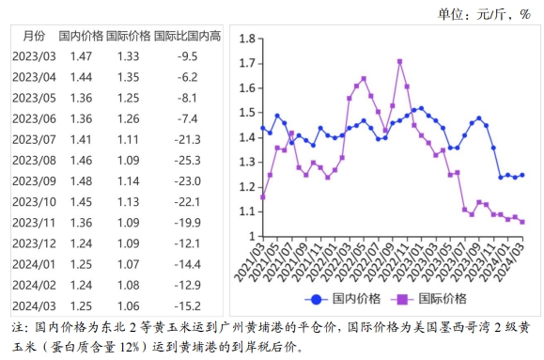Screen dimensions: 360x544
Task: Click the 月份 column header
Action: [x=33, y=36]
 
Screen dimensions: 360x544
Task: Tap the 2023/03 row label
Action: [x=35, y=56]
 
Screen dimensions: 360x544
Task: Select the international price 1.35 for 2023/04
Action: [x=129, y=77]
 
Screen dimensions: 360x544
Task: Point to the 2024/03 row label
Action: [x=35, y=305]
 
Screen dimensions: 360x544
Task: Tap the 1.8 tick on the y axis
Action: [x=248, y=39]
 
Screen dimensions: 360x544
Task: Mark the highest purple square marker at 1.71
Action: [x=400, y=61]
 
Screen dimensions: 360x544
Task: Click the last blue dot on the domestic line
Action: [x=522, y=175]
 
